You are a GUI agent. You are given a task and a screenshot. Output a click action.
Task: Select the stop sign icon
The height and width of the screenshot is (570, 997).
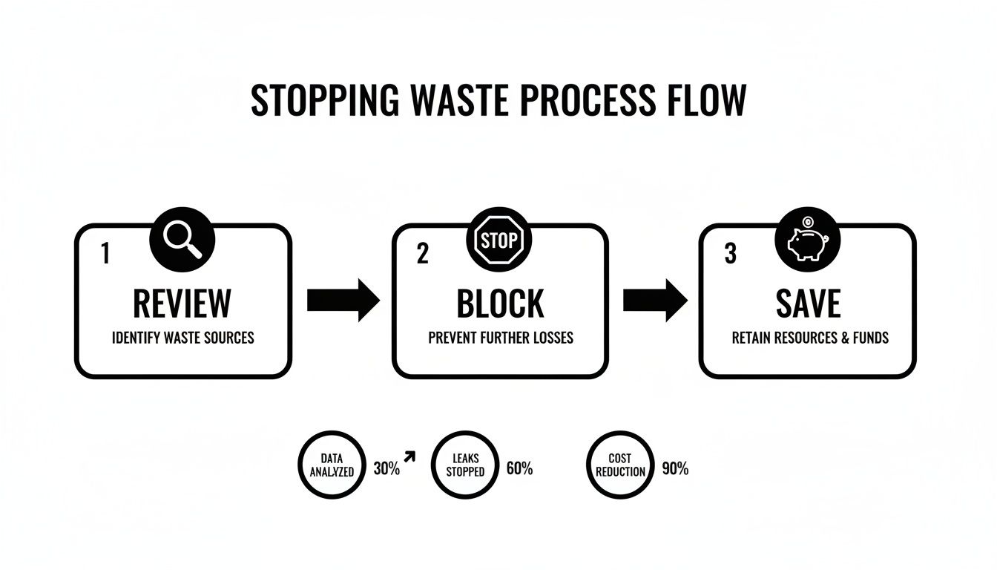(498, 240)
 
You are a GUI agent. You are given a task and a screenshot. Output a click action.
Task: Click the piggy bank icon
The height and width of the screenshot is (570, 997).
(807, 240)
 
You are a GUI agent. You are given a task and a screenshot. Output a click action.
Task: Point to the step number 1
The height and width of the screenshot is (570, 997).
(105, 254)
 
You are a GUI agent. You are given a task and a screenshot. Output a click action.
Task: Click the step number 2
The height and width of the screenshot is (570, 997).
(422, 254)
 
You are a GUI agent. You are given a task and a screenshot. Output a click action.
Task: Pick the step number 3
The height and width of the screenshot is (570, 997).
(730, 254)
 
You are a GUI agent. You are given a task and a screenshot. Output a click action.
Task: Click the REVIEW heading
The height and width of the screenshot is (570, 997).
(182, 303)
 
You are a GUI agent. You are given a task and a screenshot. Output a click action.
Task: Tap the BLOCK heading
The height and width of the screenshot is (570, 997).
(500, 303)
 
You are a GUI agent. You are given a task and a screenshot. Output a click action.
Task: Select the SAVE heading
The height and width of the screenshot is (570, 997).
(809, 303)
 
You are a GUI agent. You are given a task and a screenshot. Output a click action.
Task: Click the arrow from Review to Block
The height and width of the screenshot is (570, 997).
(343, 300)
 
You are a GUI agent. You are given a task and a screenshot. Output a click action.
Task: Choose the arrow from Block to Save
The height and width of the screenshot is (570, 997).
(654, 300)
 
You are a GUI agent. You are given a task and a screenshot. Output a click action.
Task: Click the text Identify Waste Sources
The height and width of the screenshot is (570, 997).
(182, 338)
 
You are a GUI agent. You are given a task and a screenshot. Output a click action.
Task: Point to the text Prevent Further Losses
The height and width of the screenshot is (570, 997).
(501, 338)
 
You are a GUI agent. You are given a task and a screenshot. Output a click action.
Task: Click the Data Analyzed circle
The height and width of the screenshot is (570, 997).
(332, 465)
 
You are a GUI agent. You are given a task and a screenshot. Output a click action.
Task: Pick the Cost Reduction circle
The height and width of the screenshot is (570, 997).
(619, 465)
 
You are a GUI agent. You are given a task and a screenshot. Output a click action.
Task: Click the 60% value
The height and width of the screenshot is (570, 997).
(519, 469)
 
